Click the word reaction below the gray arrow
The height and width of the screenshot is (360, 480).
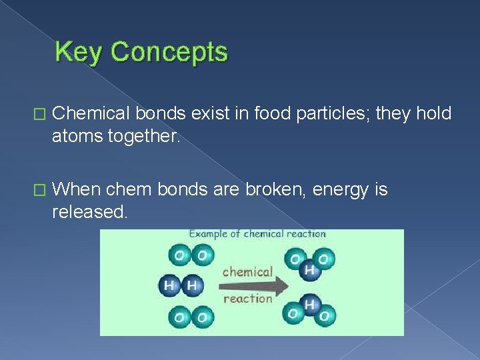pyautogui.click(x=247, y=299)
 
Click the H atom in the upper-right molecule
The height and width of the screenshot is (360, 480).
pyautogui.click(x=309, y=269)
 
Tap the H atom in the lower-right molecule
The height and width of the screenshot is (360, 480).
pyautogui.click(x=309, y=304)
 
